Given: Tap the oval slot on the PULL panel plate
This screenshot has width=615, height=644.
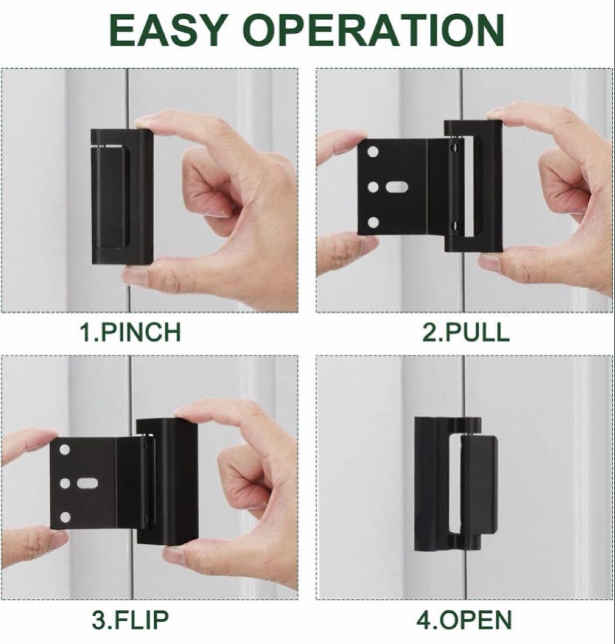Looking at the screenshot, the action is (x=397, y=187).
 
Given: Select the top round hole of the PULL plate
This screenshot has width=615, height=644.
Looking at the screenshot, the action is (x=374, y=152).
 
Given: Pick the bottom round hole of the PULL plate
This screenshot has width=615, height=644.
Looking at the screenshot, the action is (x=374, y=222).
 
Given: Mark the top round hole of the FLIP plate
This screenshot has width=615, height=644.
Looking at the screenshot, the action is (x=65, y=449).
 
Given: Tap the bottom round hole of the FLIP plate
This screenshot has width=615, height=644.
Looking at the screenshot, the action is (x=66, y=517).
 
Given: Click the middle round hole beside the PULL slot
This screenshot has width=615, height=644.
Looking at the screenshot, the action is (x=374, y=187).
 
